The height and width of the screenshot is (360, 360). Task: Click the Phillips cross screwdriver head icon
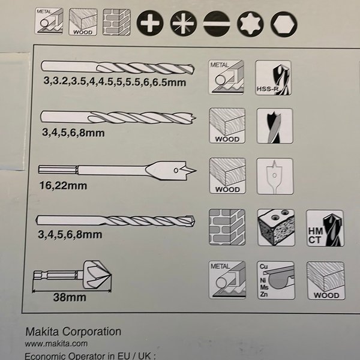pos(150,23)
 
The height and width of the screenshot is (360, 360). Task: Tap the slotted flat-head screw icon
pos(217,23)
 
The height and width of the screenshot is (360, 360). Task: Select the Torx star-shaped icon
pos(250,24)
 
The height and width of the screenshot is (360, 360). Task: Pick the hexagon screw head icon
pos(284,25)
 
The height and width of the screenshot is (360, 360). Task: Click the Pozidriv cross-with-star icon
pos(183,23)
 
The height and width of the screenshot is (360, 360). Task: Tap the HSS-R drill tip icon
pos(273,77)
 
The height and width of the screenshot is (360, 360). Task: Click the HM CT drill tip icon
pos(325,228)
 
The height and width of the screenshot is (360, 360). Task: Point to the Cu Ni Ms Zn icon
pos(276,280)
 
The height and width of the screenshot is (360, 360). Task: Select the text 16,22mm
pos(63,185)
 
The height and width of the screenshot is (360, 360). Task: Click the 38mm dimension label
pos(70,297)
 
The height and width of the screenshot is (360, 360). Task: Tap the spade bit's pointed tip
pos(196,171)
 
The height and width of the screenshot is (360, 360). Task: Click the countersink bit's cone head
pos(97,275)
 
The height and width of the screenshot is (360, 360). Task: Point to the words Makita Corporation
pos(73,332)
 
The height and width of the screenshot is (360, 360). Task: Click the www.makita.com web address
pos(56,344)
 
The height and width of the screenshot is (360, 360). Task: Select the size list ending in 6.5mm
pos(115,82)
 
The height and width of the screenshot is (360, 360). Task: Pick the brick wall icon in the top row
pos(116,22)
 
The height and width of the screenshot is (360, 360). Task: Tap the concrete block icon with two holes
pos(276,227)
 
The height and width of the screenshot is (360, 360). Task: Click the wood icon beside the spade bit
pos(227,176)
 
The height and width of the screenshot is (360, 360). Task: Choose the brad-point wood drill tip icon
pos(275,126)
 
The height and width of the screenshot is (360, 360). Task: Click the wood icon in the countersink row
pos(326,281)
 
